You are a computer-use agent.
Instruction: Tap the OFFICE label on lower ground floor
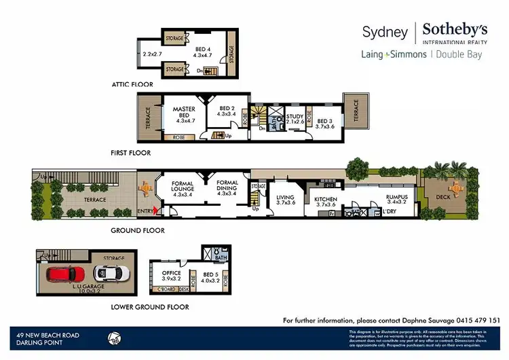pos(171,274)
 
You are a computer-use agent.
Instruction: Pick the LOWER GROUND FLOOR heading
pos(149,306)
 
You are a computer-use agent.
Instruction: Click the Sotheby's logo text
pos(455,30)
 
